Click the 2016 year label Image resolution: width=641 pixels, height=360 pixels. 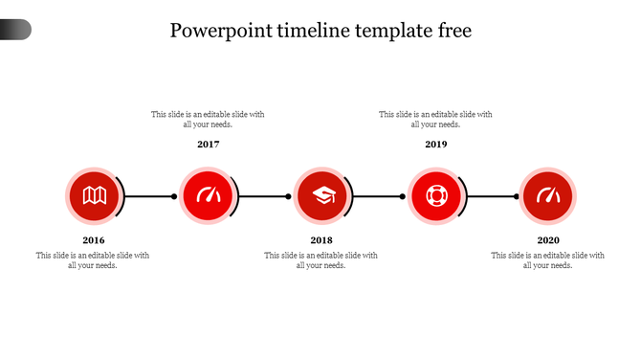(x=94, y=240)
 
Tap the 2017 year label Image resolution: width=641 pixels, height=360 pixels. (x=209, y=145)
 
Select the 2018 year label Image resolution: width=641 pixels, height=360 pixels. (x=321, y=240)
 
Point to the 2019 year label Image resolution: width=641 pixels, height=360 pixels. (x=435, y=145)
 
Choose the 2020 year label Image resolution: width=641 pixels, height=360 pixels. (x=548, y=240)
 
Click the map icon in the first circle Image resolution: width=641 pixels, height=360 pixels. (x=94, y=196)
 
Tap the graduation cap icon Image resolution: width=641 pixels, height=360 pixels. (x=321, y=196)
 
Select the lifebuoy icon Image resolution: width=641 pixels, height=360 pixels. (x=435, y=196)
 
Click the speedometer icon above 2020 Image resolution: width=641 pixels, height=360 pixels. (x=548, y=196)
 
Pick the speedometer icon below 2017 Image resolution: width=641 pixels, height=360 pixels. (x=208, y=196)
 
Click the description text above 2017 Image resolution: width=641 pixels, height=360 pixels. (x=208, y=119)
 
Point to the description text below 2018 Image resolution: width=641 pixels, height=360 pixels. (x=320, y=260)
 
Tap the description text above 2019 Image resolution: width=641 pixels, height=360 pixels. (x=435, y=119)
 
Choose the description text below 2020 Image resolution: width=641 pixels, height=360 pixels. (x=547, y=260)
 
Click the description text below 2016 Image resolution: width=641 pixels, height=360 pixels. (x=93, y=260)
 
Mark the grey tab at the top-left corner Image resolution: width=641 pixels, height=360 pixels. (x=15, y=30)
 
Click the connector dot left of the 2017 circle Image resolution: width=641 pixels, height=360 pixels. (x=174, y=196)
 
